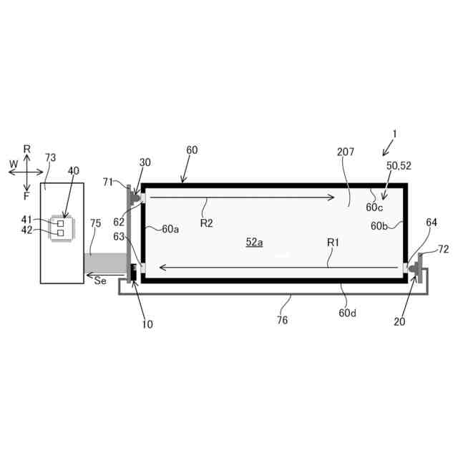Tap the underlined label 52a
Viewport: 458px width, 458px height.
click(255, 243)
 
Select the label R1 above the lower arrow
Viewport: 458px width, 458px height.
click(333, 243)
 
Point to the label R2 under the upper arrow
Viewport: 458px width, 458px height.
click(207, 223)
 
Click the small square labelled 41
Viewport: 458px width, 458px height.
click(61, 224)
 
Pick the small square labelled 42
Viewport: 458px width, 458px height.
click(61, 233)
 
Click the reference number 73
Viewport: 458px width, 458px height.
click(50, 157)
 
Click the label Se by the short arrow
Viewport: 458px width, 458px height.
click(100, 281)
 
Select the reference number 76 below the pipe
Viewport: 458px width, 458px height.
click(282, 321)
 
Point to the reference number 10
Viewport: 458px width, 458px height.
click(147, 324)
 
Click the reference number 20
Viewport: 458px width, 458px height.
click(399, 322)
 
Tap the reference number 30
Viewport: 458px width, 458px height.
click(145, 162)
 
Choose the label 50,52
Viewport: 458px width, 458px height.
click(399, 165)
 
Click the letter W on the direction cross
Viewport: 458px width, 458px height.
click(13, 164)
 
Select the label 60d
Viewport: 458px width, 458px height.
click(348, 313)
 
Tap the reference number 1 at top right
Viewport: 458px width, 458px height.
click(394, 133)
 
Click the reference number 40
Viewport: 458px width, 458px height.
click(74, 171)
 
